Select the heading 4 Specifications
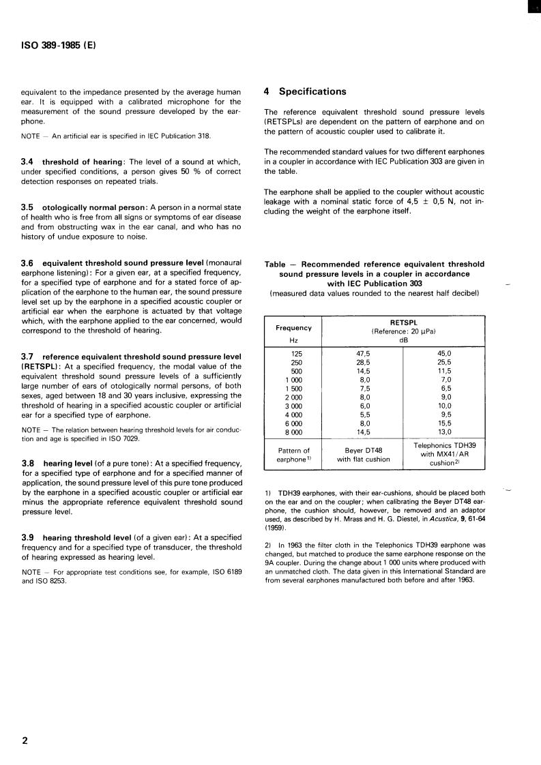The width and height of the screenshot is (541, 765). point(305,91)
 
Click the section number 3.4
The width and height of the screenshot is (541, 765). point(29,162)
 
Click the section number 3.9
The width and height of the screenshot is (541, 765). point(29,537)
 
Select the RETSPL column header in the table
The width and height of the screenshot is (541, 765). point(403,322)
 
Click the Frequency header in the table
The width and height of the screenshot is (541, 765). point(293,327)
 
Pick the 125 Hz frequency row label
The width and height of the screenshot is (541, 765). point(295,353)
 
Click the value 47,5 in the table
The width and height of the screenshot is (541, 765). point(364,353)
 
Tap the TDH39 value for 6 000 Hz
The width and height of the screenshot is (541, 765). point(445,422)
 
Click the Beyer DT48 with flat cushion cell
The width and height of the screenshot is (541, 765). point(363,454)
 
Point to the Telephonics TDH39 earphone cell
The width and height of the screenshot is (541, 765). point(444,454)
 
